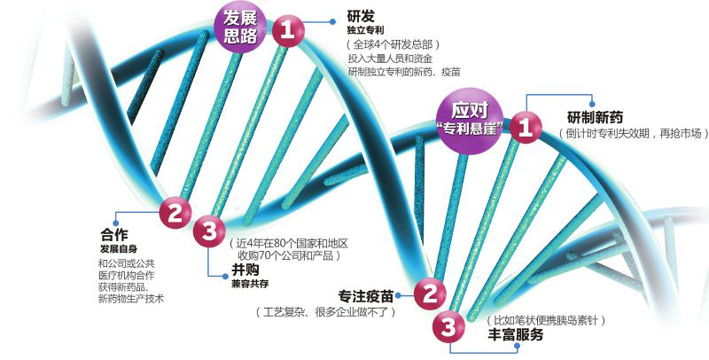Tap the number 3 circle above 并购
point(209,232)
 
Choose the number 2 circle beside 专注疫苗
point(430,293)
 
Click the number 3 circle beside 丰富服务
point(449,327)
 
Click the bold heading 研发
point(360,16)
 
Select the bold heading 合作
point(115,235)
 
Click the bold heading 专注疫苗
point(367,295)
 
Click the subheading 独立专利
point(363,30)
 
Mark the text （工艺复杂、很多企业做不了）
point(323,312)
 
